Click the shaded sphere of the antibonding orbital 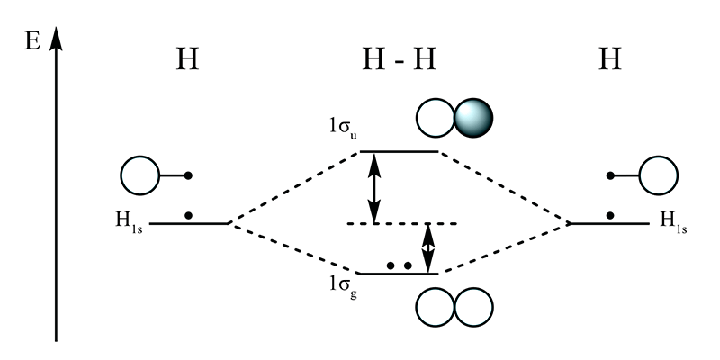[474, 118]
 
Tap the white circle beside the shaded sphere [436, 118]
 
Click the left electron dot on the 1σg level [391, 266]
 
